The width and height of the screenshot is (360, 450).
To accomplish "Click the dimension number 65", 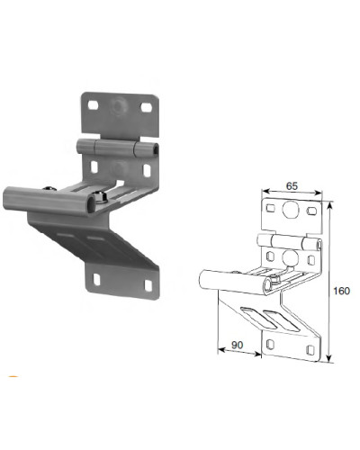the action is (x=292, y=186).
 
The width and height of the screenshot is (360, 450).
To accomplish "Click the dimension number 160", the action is (x=342, y=291).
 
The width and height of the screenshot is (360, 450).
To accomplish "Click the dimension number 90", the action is (x=237, y=345).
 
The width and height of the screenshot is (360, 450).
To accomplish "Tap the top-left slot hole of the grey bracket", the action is (x=93, y=105).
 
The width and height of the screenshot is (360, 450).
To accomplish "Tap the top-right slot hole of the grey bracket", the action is (x=147, y=107).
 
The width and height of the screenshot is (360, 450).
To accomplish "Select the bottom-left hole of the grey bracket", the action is (x=96, y=279).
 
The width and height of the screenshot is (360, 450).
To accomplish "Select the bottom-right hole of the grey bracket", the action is (x=148, y=285).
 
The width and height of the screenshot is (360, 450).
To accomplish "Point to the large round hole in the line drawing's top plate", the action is (x=290, y=209).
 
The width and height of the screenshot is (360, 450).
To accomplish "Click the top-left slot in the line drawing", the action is (x=271, y=208).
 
